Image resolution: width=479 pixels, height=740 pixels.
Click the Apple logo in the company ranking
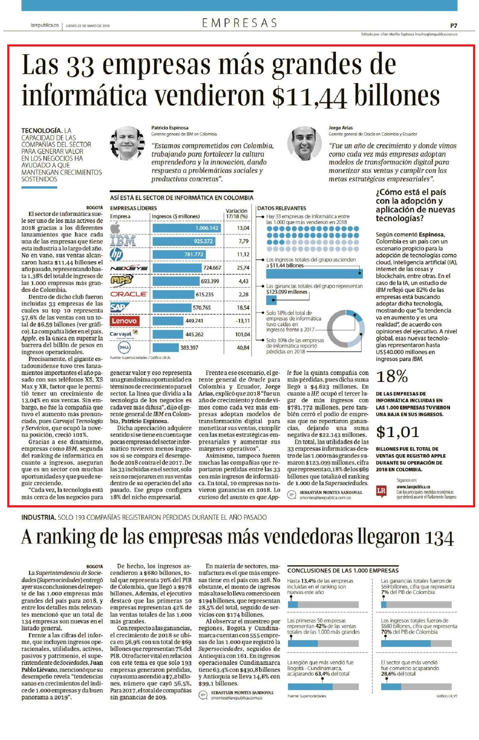(x=115, y=228)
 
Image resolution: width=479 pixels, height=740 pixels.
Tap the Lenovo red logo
(x=124, y=320)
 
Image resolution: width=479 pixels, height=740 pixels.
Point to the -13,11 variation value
(x=243, y=321)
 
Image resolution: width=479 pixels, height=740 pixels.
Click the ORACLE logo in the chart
(x=129, y=294)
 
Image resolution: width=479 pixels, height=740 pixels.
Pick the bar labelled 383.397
(x=166, y=347)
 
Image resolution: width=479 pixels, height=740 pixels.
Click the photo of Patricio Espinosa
(x=127, y=143)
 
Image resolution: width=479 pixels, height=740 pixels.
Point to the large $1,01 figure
(x=397, y=432)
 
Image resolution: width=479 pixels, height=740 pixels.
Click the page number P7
(x=453, y=26)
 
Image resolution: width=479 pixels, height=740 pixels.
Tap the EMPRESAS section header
(x=239, y=23)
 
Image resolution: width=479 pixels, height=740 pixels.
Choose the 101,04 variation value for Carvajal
(x=242, y=334)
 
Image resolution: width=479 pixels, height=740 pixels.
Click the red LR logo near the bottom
(x=381, y=491)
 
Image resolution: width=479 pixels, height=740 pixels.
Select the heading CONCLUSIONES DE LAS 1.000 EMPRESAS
(x=343, y=570)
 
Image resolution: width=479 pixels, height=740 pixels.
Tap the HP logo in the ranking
(x=116, y=254)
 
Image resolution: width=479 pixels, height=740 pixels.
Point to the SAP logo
(x=118, y=307)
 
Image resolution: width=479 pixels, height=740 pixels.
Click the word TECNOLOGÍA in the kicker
(x=42, y=130)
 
